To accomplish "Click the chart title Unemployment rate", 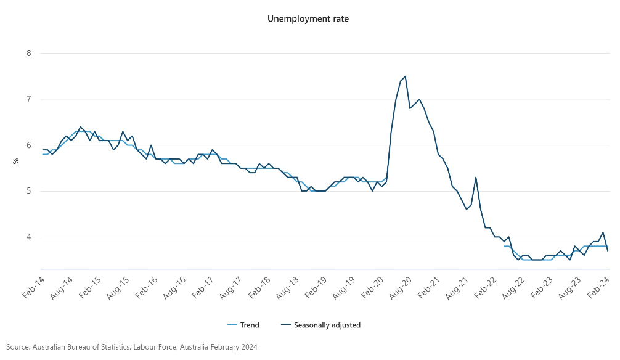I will point(308,18).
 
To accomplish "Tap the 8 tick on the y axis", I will point(28,54).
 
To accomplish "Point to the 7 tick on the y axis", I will point(28,99).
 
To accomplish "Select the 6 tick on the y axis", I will point(28,145).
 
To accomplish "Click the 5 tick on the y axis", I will point(28,191).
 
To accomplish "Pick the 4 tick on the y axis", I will point(28,237).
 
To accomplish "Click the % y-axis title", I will point(16,161).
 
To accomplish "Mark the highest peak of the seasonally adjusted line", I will point(405,76).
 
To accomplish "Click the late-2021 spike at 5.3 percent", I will point(476,178).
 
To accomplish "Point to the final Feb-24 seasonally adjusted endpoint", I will point(608,251).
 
